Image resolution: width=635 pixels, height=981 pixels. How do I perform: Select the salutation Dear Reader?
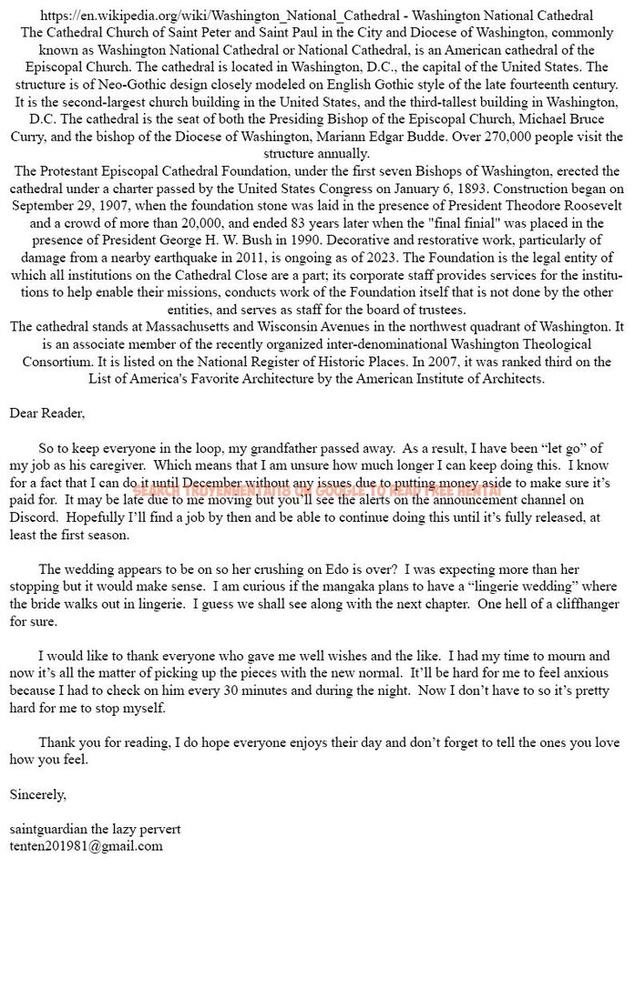click(x=46, y=413)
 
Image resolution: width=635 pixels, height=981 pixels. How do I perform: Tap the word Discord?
click(x=33, y=516)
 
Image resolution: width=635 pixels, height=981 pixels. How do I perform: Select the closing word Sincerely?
click(x=37, y=793)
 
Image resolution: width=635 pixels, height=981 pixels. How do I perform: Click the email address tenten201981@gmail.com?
click(x=87, y=845)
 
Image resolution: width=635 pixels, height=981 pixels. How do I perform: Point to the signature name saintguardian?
click(x=48, y=828)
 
